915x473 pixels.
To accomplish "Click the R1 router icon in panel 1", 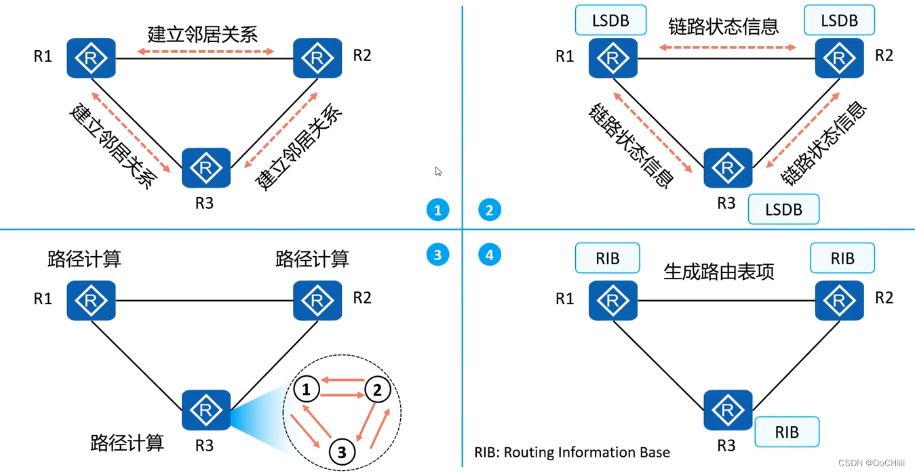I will click(x=91, y=58).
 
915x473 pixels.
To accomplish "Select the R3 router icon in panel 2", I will click(x=728, y=168).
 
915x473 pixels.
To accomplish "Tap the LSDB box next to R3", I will click(x=783, y=209).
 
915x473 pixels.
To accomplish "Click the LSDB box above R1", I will click(x=610, y=21).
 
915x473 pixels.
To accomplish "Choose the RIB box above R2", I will click(x=842, y=259).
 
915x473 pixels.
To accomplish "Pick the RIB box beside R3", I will click(x=787, y=432).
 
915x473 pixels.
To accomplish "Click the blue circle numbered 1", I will click(x=438, y=210).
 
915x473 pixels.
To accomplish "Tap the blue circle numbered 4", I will click(x=490, y=255).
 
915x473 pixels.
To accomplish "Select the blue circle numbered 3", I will click(x=438, y=255).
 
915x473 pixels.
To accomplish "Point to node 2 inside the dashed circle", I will click(x=377, y=390).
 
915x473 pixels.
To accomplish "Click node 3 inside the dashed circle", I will click(x=342, y=451).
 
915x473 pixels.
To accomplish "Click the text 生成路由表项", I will click(x=719, y=272).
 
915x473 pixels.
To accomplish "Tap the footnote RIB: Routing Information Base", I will click(x=572, y=453).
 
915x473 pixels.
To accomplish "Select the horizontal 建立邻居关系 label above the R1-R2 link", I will click(x=203, y=34).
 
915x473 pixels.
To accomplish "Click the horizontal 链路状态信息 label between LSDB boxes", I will click(x=724, y=26).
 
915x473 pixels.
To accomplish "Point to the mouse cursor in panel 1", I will click(x=438, y=171).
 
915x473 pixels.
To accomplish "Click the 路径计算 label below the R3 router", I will click(x=127, y=443).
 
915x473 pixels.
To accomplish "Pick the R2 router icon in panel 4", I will click(x=839, y=299).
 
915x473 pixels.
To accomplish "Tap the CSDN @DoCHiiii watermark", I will click(x=871, y=463).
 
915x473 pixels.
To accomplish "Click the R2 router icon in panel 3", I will click(x=317, y=299).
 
